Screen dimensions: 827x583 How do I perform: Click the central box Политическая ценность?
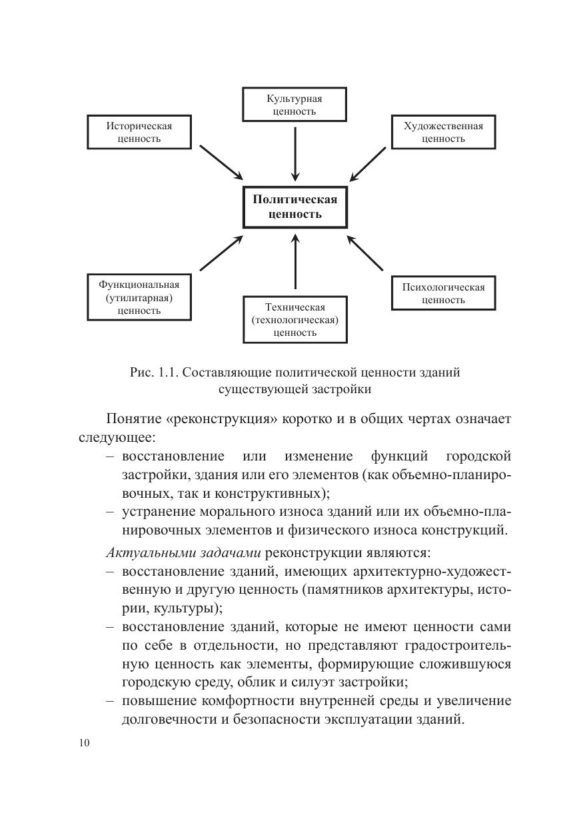294,207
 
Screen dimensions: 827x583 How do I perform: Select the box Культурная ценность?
294,105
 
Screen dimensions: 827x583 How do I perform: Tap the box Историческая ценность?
139,133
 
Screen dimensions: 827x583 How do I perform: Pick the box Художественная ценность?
443,133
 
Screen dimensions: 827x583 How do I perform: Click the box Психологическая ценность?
443,293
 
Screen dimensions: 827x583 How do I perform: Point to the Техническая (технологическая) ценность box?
294,319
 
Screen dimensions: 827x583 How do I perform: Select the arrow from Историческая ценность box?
221,162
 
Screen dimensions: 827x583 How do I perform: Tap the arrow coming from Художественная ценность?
368,163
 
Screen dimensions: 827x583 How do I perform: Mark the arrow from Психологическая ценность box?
366,253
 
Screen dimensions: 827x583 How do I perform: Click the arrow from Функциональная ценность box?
222,253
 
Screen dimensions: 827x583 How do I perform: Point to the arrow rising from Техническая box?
294,263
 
